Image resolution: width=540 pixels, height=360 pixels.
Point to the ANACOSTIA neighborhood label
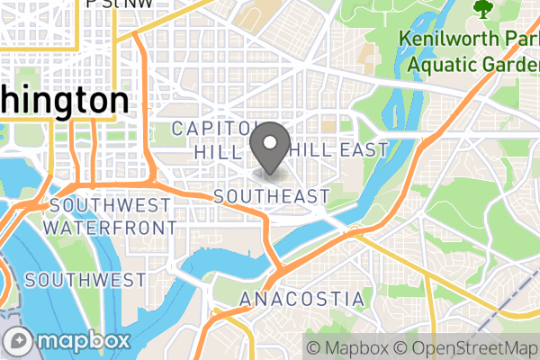pos(302,299)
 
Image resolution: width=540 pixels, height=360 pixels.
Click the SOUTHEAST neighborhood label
pos(273,196)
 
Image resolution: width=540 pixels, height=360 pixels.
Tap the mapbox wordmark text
pos(80,341)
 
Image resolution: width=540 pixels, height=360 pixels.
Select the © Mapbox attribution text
pos(346,347)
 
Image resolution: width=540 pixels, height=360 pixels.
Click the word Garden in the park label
pos(508,64)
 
